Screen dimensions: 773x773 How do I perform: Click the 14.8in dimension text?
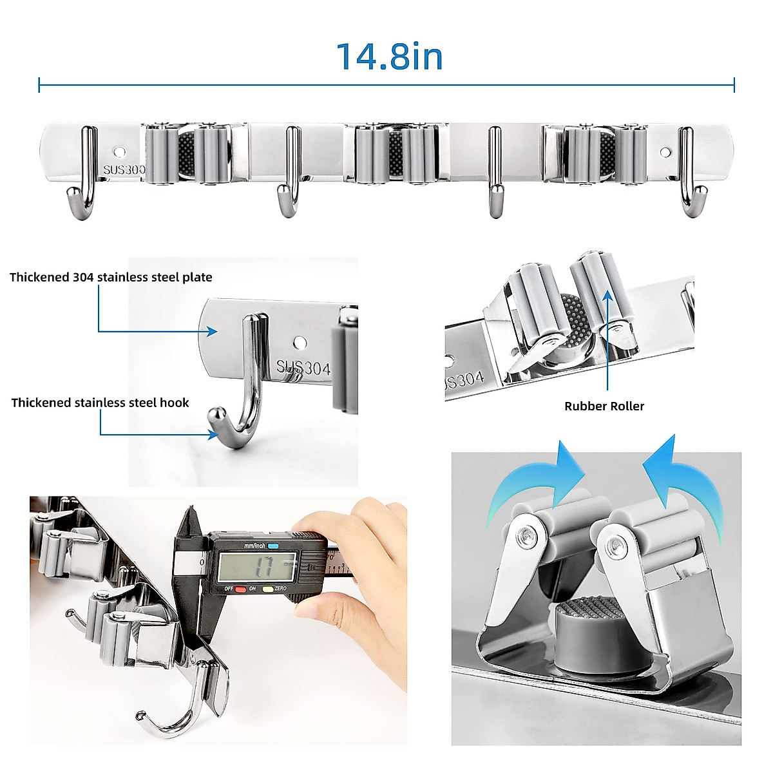(x=390, y=56)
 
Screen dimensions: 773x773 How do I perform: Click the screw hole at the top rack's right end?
(x=665, y=153)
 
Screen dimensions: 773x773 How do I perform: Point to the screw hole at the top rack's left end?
(x=119, y=152)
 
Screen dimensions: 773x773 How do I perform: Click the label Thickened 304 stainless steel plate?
(x=111, y=278)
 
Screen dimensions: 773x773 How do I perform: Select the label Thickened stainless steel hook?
(x=100, y=403)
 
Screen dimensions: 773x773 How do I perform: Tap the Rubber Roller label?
(x=604, y=406)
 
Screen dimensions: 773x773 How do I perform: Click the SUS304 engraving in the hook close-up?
(x=303, y=367)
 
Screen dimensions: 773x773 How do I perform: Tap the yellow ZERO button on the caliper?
(x=267, y=589)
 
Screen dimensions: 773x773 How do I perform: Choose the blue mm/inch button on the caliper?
(x=272, y=546)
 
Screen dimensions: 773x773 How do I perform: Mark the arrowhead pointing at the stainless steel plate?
(x=213, y=331)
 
